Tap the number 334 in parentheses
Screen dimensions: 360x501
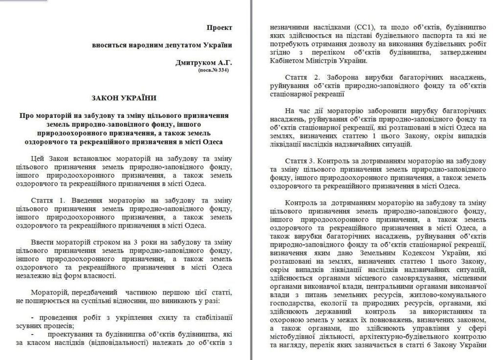(x=222, y=71)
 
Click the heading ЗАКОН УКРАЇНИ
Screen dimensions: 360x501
(x=124, y=98)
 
